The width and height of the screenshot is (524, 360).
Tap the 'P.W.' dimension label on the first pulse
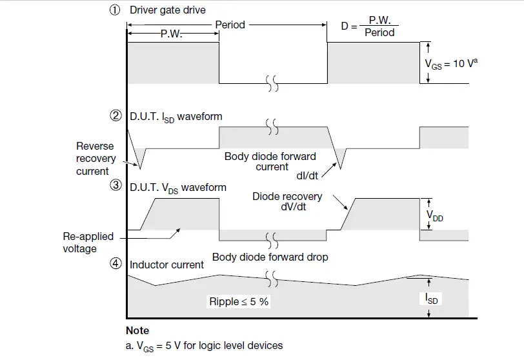pyautogui.click(x=171, y=35)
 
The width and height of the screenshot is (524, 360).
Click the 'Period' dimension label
pyautogui.click(x=230, y=25)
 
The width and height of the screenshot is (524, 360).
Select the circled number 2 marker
pyautogui.click(x=114, y=117)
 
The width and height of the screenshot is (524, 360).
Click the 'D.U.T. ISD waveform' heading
pyautogui.click(x=176, y=117)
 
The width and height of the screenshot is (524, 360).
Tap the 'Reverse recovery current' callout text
pyautogui.click(x=95, y=159)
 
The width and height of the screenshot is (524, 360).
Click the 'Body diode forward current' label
pyautogui.click(x=270, y=161)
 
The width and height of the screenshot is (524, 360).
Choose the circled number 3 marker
pyautogui.click(x=114, y=186)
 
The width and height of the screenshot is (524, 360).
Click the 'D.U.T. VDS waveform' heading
pyautogui.click(x=177, y=188)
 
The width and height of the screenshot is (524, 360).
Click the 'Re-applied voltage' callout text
pyautogui.click(x=88, y=243)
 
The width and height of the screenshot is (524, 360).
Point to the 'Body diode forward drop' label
pyautogui.click(x=270, y=257)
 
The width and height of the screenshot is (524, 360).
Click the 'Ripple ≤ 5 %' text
pyautogui.click(x=238, y=301)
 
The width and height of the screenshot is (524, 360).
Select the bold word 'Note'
pyautogui.click(x=137, y=330)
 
